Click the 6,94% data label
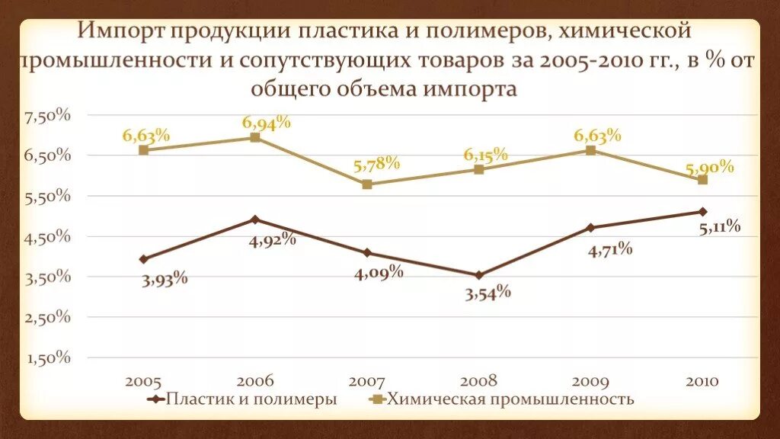(267, 123)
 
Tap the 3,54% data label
(487, 292)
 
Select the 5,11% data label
(719, 226)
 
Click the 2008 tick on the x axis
(478, 381)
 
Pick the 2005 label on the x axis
(143, 381)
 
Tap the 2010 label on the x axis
(702, 381)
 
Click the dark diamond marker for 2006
(255, 219)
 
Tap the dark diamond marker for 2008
(478, 275)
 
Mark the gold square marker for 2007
(367, 184)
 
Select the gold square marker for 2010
(702, 180)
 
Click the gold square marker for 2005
(143, 150)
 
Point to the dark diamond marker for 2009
(590, 227)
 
